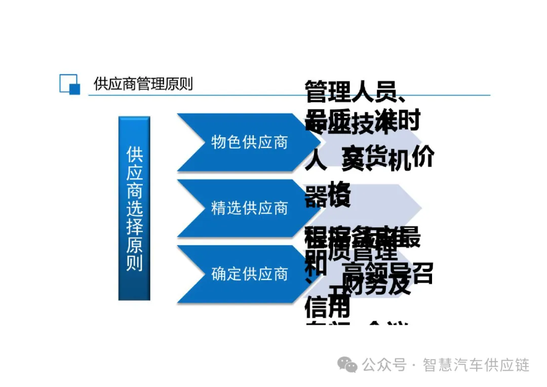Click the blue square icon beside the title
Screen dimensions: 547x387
(x=70, y=84)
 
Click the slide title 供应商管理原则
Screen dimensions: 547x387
(x=143, y=84)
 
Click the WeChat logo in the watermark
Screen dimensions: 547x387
(x=348, y=364)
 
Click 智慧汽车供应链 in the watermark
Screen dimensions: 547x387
(x=476, y=365)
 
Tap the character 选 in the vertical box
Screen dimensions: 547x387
(x=134, y=208)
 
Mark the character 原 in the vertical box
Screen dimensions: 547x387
(x=134, y=245)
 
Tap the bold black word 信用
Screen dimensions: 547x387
(x=327, y=306)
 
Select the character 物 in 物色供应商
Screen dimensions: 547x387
(x=219, y=142)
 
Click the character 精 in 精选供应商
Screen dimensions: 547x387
(x=219, y=208)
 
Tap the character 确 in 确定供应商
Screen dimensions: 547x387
(x=219, y=274)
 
